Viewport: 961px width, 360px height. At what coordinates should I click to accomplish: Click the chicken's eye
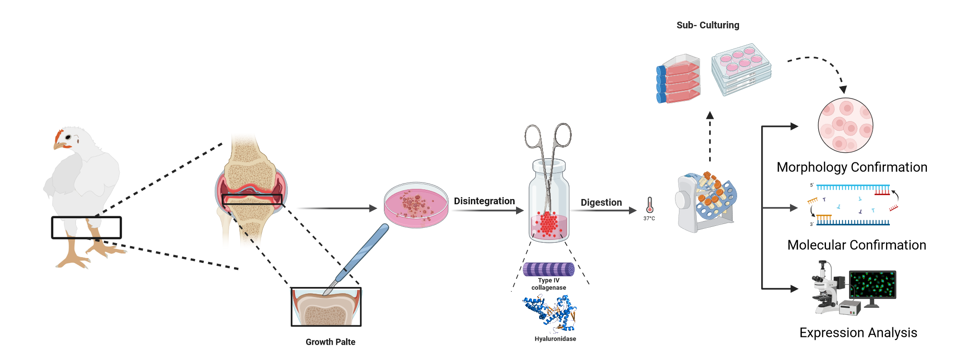pyautogui.click(x=68, y=137)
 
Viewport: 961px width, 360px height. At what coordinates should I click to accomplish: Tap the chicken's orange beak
pyautogui.click(x=57, y=145)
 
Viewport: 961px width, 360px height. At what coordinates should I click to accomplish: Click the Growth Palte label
pyautogui.click(x=330, y=342)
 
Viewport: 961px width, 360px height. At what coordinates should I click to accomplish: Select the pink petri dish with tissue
pyautogui.click(x=416, y=205)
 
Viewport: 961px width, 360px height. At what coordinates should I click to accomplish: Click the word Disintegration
pyautogui.click(x=484, y=201)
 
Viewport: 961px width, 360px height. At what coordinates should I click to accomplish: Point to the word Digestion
pyautogui.click(x=601, y=202)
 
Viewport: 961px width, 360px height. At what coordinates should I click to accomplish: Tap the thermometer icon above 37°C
pyautogui.click(x=650, y=205)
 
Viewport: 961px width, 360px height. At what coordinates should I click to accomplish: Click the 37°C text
pyautogui.click(x=649, y=219)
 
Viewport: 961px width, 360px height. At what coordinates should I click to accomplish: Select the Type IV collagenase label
pyautogui.click(x=549, y=284)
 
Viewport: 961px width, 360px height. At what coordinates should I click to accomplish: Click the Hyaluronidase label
pyautogui.click(x=555, y=339)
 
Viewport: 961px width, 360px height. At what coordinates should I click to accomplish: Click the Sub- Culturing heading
pyautogui.click(x=708, y=25)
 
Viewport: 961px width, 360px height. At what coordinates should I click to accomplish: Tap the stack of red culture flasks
pyautogui.click(x=678, y=79)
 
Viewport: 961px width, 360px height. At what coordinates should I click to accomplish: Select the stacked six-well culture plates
pyautogui.click(x=741, y=69)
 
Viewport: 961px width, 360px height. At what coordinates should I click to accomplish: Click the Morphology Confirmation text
pyautogui.click(x=851, y=167)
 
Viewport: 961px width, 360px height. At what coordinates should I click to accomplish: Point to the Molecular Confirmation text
pyautogui.click(x=856, y=245)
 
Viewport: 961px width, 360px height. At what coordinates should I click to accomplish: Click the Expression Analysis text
pyautogui.click(x=858, y=333)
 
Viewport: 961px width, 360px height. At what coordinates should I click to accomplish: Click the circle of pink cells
pyautogui.click(x=845, y=125)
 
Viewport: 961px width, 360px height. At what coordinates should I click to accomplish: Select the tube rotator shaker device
pyautogui.click(x=705, y=202)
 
